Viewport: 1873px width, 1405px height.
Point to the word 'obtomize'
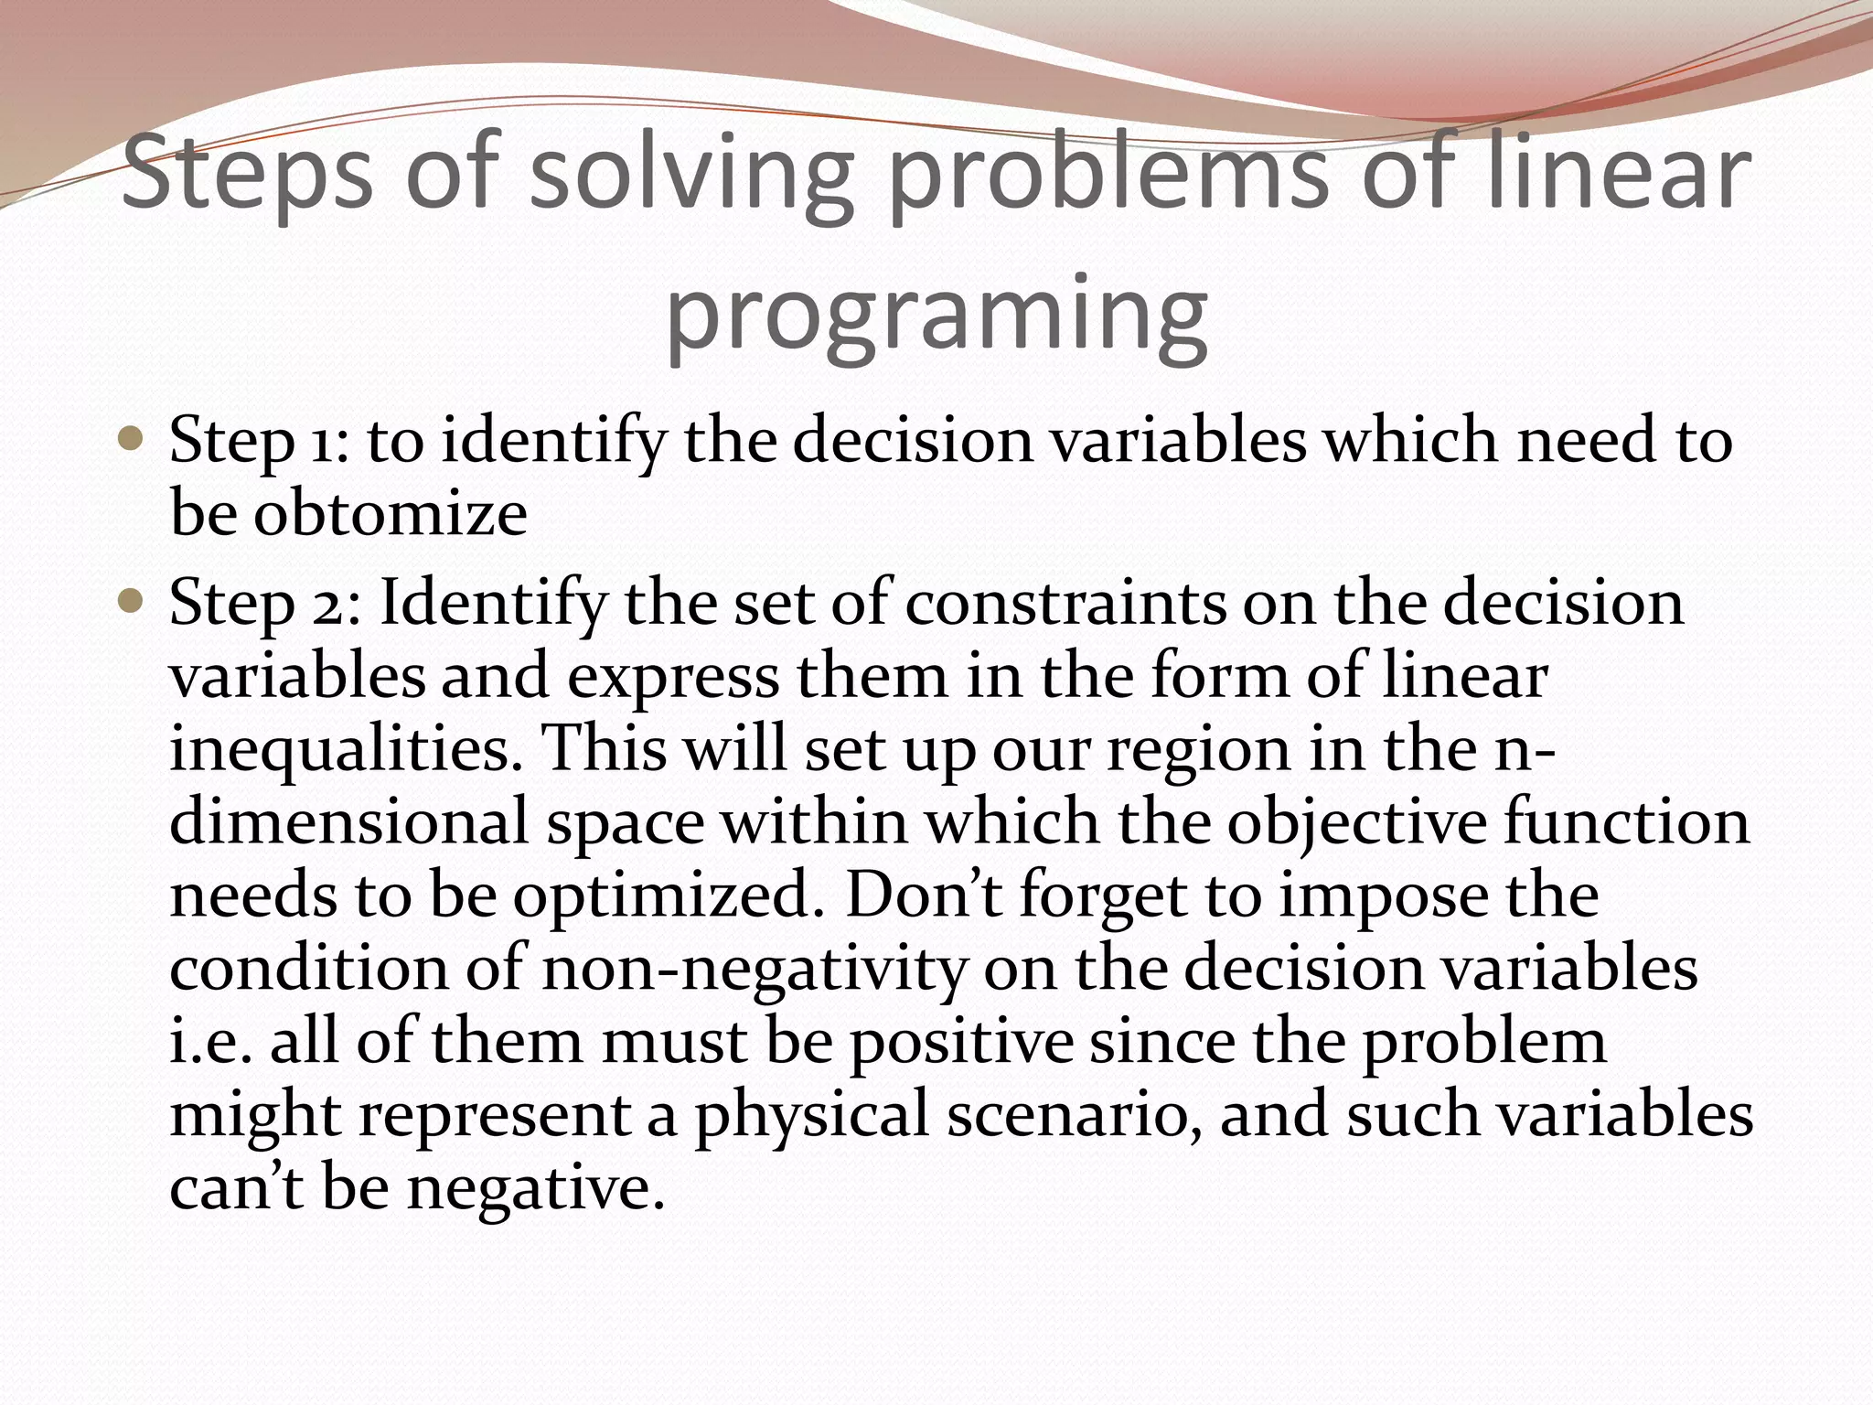(391, 512)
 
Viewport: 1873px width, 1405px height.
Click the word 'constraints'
(1065, 604)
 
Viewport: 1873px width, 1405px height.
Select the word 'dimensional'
(348, 821)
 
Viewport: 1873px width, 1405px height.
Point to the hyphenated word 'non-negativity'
(754, 968)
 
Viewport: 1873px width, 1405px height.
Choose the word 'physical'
(811, 1116)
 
